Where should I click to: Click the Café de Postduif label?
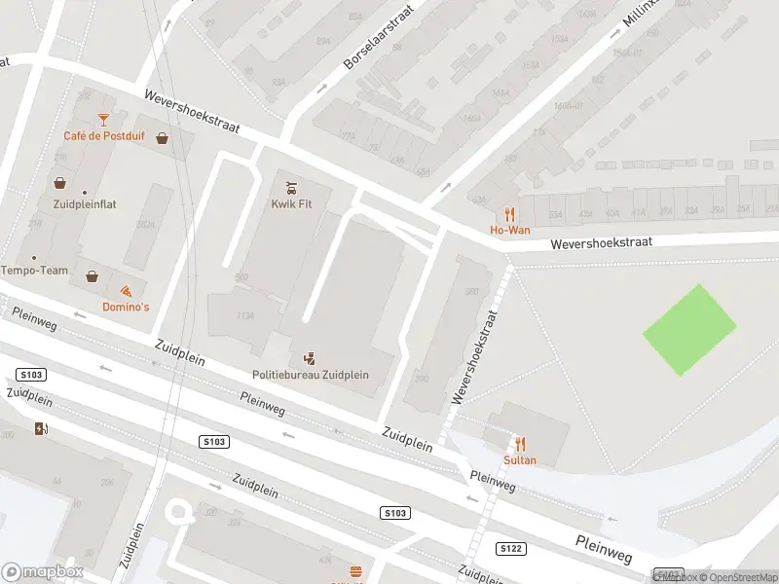[104, 135]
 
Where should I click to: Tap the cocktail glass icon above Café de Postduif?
[104, 119]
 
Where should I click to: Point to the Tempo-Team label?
[35, 270]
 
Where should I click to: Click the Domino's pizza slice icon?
[126, 291]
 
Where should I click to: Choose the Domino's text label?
[126, 308]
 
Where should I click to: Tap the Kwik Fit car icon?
[291, 187]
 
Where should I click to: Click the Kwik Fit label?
[291, 204]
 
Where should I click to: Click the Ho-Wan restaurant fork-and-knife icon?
[509, 214]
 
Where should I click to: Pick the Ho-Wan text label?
[509, 231]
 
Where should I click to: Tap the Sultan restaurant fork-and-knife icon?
[520, 443]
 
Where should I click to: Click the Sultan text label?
[520, 459]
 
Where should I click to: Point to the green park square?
[689, 329]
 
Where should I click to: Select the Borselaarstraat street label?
[379, 36]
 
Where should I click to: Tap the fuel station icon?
[41, 428]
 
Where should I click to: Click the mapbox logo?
[43, 572]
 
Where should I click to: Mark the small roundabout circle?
[178, 511]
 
